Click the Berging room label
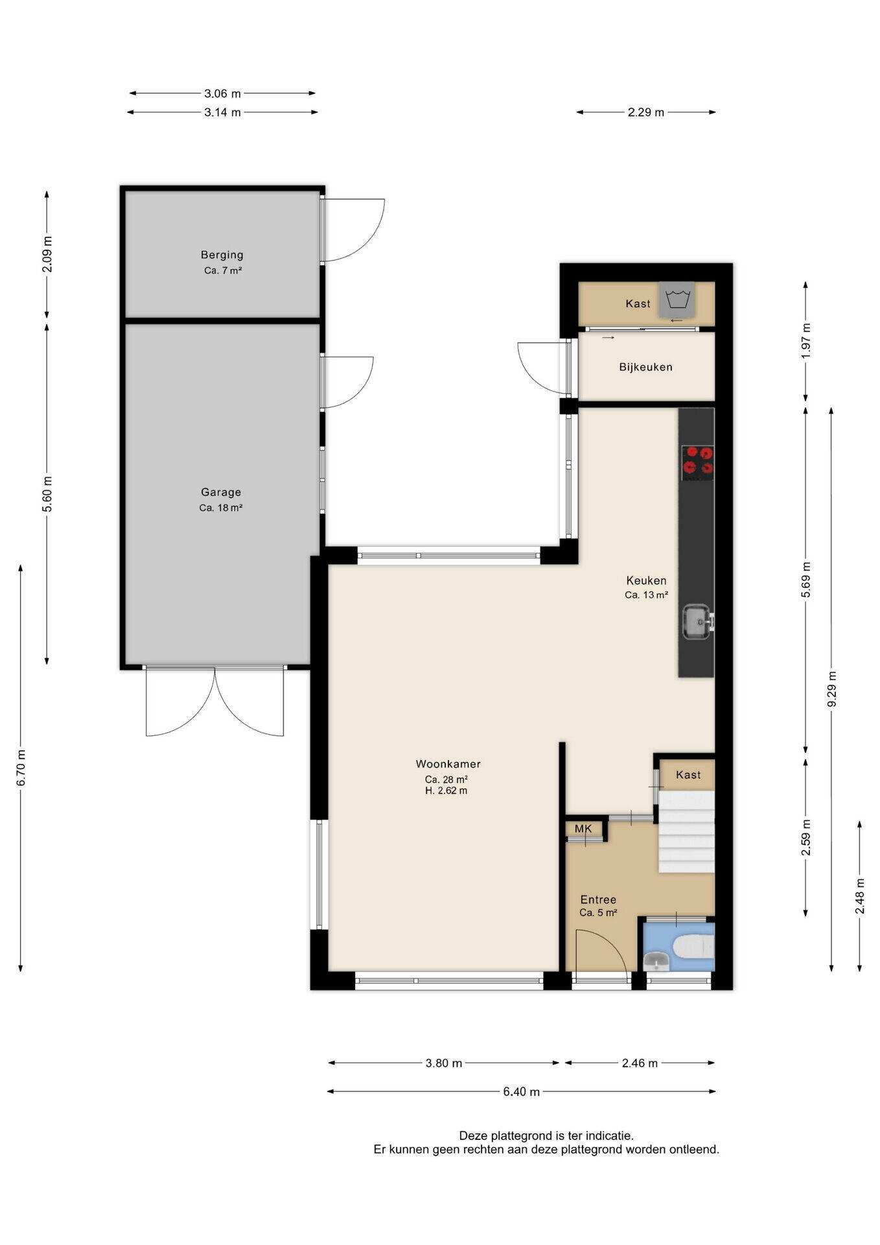point(222,255)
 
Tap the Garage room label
point(221,492)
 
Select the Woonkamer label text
point(448,764)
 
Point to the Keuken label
point(646,580)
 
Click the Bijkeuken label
point(645,367)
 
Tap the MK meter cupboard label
point(583,829)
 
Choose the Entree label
point(598,899)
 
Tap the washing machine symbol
point(677,300)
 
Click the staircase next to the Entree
point(687,831)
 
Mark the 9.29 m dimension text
point(832,689)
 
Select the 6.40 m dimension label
point(521,1092)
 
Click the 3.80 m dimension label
point(444,1063)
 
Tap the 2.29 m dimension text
point(646,112)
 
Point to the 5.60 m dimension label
point(47,494)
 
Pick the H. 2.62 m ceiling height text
point(446,790)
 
